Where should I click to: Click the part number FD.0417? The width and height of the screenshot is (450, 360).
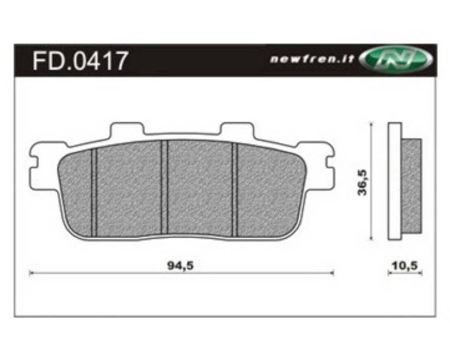(x=80, y=61)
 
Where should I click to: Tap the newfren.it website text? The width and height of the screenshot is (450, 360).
(x=312, y=59)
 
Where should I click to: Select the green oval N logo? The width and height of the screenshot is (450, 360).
(x=395, y=60)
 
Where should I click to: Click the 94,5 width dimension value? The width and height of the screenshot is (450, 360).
(x=180, y=266)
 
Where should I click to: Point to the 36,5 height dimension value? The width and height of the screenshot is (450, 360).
(x=362, y=182)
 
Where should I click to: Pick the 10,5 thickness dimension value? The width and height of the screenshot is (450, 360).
(x=404, y=266)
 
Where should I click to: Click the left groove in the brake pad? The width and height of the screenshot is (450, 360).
(x=94, y=193)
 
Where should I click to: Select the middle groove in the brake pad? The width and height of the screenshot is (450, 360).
(x=164, y=187)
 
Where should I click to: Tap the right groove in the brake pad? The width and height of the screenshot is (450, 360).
(x=235, y=190)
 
